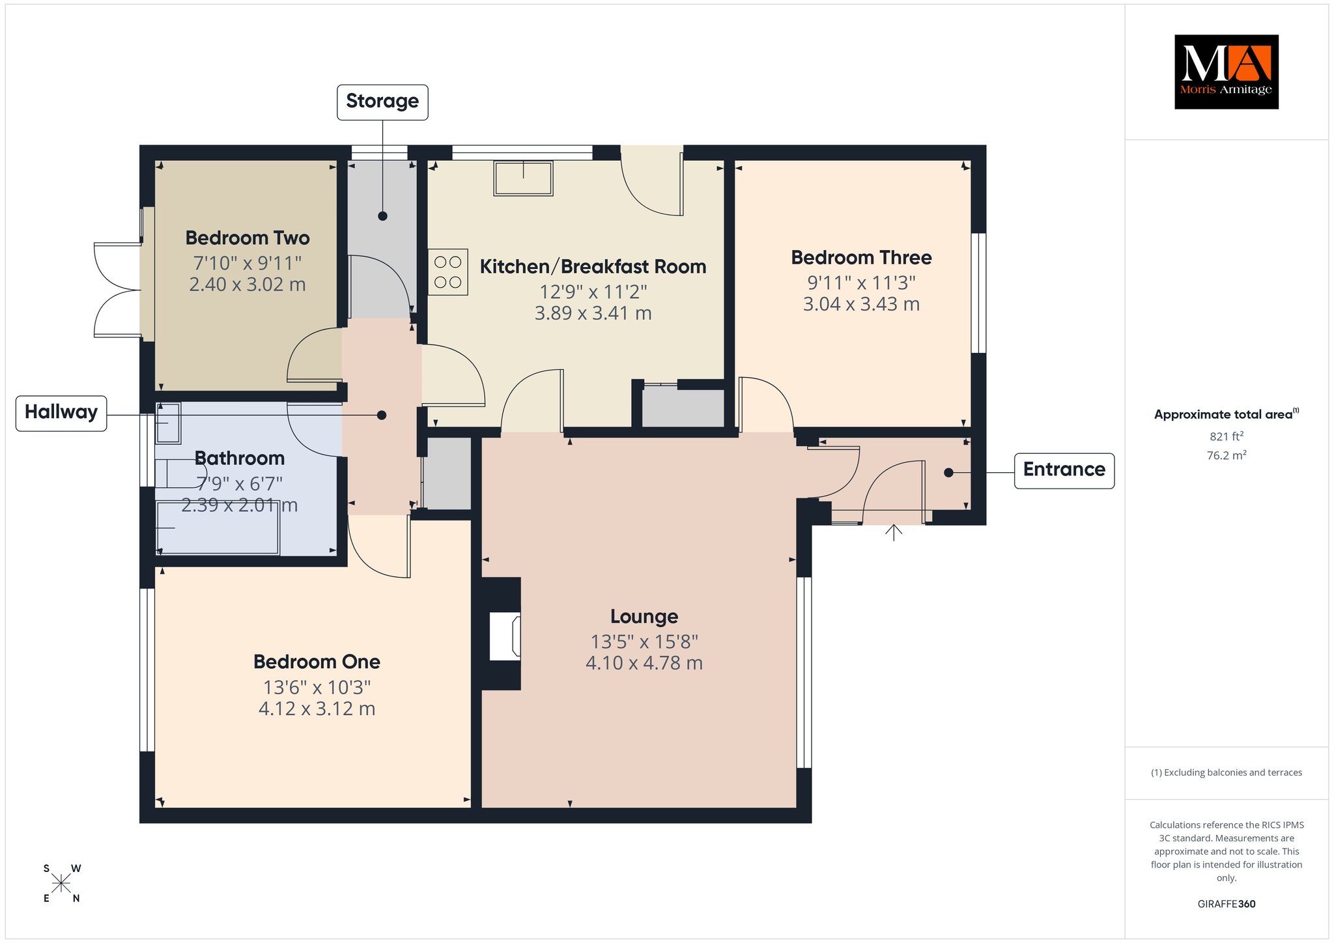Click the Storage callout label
point(382,102)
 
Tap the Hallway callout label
point(61,412)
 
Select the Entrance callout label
point(1064,470)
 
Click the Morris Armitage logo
point(1226,72)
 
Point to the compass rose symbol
point(61,883)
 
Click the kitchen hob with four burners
point(448,272)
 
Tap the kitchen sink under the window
point(523,178)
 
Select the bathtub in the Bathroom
point(218,528)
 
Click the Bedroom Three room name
point(861,258)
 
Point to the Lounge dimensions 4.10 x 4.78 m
point(644,664)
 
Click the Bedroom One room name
point(317,662)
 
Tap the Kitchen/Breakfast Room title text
point(593,267)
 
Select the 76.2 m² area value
point(1227,455)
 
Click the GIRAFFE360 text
point(1227,904)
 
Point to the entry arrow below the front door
point(894,533)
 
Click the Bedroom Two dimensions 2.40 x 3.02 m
point(248,285)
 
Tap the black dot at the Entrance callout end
point(948,473)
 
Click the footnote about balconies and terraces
point(1227,773)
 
